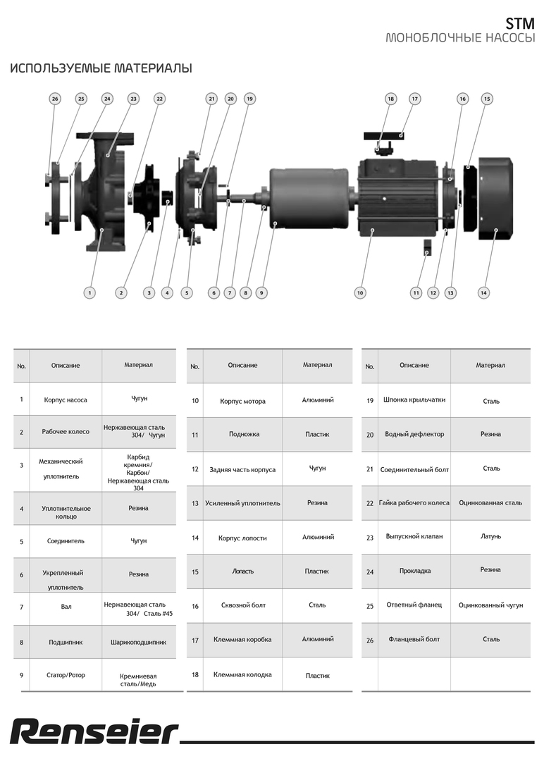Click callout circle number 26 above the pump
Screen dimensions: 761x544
[x=55, y=99]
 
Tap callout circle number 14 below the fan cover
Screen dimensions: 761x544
[x=483, y=292]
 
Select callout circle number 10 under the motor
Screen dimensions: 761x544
[x=360, y=292]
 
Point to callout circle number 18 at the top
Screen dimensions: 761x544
[x=390, y=99]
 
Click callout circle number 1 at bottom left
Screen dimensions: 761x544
[x=89, y=292]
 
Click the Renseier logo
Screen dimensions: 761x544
[x=94, y=732]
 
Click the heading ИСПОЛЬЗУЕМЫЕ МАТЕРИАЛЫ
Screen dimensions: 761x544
[x=101, y=68]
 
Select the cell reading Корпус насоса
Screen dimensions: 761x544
[x=66, y=400]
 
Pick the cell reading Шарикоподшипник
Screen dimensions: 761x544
[x=139, y=642]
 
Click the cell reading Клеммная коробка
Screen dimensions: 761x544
[x=242, y=640]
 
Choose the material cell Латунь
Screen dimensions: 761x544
[x=491, y=536]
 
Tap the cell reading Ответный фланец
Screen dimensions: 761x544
[x=414, y=605]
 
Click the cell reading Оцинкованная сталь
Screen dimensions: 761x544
[x=490, y=503]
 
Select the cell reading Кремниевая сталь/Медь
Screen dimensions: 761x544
[x=138, y=679]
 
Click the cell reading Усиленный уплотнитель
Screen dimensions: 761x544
[x=242, y=503]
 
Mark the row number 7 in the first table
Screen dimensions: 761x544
[x=22, y=607]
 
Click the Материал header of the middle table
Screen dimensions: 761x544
[x=317, y=365]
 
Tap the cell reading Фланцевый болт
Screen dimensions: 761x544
[x=414, y=639]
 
